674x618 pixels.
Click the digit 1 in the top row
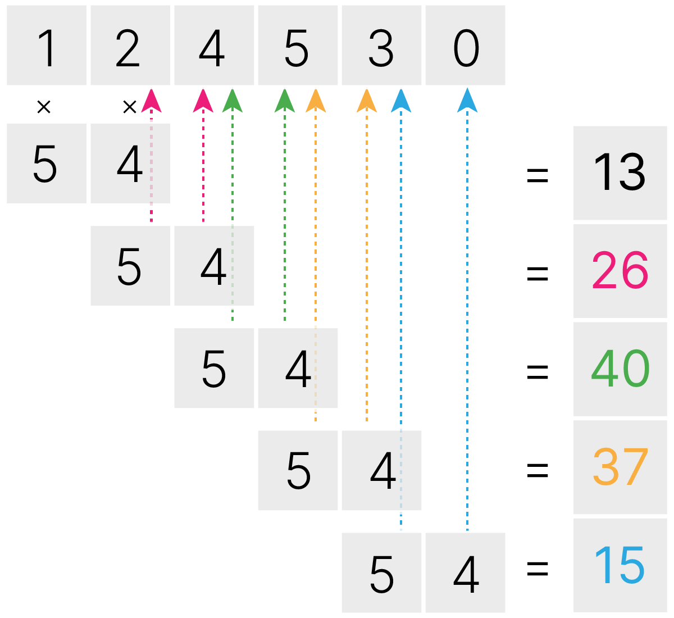pos(47,48)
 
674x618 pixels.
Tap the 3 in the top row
pos(381,48)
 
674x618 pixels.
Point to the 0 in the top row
pos(466,48)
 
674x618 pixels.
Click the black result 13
pos(620,172)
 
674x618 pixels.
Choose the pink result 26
pos(620,271)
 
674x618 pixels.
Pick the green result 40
pos(620,369)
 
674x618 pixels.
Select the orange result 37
pos(620,467)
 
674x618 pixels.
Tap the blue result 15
pos(620,565)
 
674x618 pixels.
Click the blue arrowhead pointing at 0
pos(467,101)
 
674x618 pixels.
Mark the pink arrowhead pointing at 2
pos(151,101)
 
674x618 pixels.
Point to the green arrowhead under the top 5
pos(285,101)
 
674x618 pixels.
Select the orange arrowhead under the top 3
pos(367,101)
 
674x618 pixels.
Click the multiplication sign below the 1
pos(44,107)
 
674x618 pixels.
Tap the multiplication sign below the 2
pos(130,107)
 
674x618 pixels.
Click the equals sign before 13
pos(538,175)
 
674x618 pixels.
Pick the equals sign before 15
pos(538,569)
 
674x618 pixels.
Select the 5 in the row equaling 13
pos(45,164)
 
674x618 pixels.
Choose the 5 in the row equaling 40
pos(213,369)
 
